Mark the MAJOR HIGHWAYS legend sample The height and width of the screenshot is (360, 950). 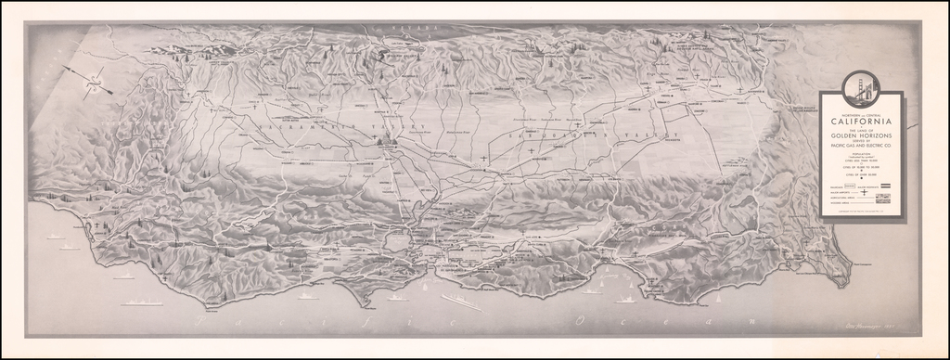pyautogui.click(x=886, y=186)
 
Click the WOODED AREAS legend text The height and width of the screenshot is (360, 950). pyautogui.click(x=839, y=205)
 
